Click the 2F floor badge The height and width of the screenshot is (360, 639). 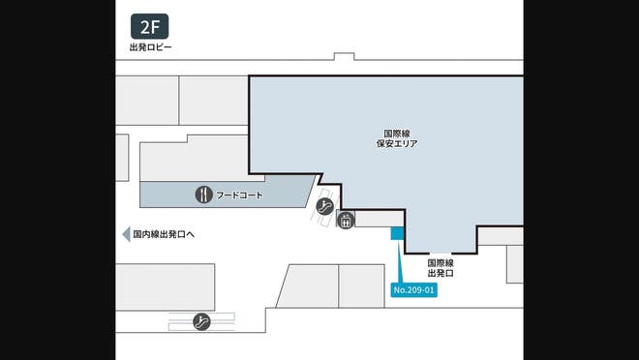click(149, 26)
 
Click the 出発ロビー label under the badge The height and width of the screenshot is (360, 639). click(150, 47)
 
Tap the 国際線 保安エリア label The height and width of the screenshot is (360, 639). click(397, 137)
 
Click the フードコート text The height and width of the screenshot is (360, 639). click(240, 195)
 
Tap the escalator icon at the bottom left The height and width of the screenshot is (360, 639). click(202, 320)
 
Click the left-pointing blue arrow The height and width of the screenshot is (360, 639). click(125, 234)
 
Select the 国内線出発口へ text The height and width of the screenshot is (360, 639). click(165, 234)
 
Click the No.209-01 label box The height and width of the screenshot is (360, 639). click(414, 289)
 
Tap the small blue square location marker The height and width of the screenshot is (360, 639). click(396, 233)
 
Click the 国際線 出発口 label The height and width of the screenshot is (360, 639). click(441, 268)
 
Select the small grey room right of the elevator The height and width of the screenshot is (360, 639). click(373, 220)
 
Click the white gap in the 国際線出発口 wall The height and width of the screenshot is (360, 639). click(440, 251)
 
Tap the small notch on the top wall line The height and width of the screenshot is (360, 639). click(344, 56)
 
